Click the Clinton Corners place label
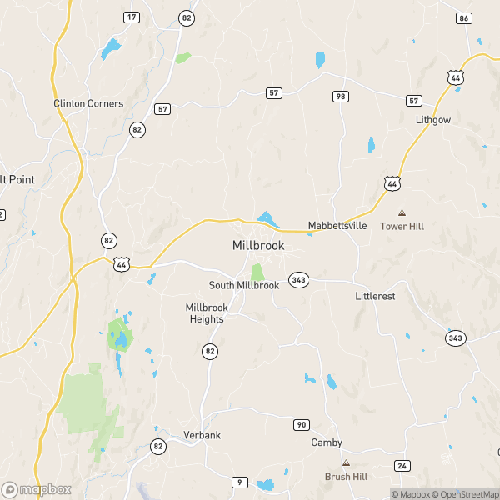88,103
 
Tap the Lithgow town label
433,120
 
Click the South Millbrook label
244,285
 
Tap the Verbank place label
200,435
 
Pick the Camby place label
327,442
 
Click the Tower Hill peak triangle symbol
402,213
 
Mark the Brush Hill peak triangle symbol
345,462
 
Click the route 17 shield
132,17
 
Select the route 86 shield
464,17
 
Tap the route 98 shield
340,97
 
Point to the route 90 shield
302,425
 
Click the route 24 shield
402,465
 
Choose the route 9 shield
241,482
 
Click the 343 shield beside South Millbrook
297,280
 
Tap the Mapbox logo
37,490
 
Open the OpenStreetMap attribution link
465,494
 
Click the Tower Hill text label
402,226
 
